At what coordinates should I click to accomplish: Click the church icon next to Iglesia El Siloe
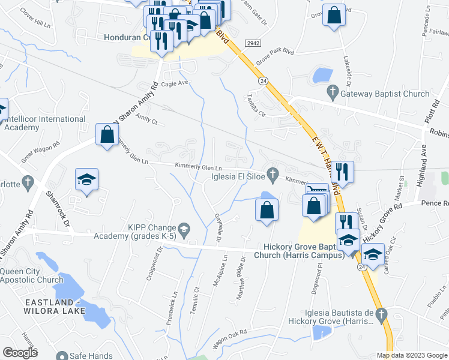pos(273,175)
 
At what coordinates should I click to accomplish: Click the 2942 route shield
pos(252,43)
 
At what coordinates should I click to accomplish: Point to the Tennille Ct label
pos(197,298)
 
